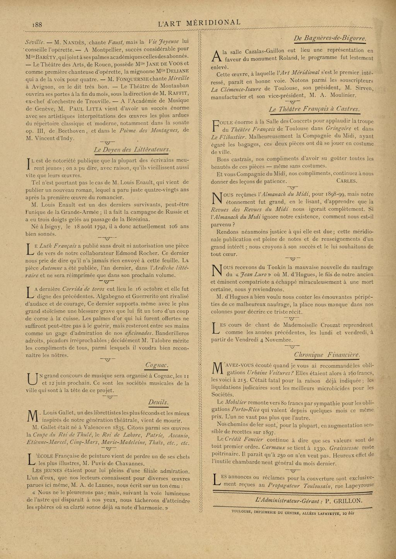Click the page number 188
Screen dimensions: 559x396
[x=37, y=24]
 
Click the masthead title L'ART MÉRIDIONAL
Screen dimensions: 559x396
[x=200, y=22]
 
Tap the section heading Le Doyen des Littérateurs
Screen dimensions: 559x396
[x=132, y=149]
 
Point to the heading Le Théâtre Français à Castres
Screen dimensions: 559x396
[x=314, y=109]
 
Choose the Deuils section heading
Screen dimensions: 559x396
[x=159, y=402]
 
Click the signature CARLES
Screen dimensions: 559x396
[x=347, y=181]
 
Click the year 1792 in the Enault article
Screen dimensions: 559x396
[x=99, y=227]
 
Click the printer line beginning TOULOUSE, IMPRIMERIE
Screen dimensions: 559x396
[x=292, y=513]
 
